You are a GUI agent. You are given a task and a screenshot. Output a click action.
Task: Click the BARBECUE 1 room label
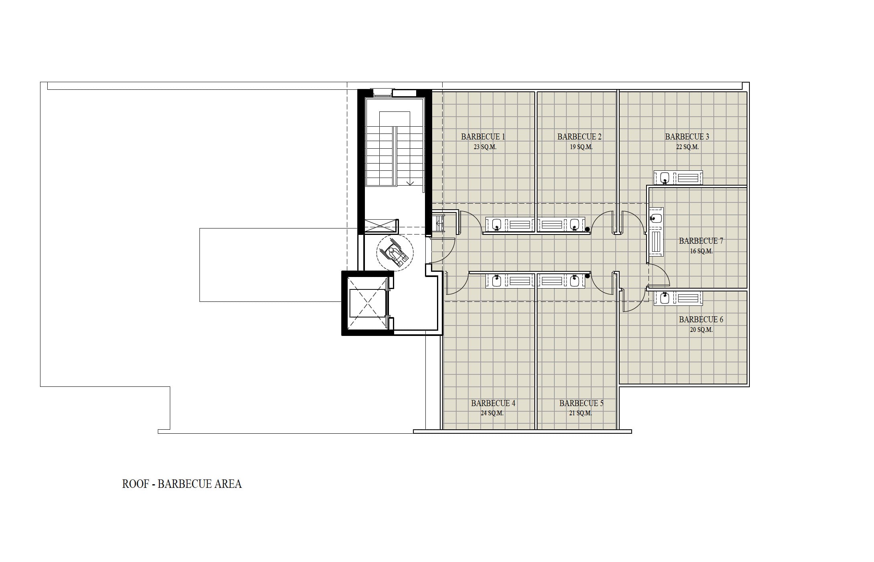pos(483,137)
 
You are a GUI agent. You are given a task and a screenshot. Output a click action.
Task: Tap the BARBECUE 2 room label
pos(579,137)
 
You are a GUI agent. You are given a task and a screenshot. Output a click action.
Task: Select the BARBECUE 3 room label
pos(687,137)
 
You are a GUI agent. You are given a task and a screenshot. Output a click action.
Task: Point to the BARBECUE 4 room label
pos(493,403)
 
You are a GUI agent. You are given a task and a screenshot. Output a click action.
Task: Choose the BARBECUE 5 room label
pos(581,403)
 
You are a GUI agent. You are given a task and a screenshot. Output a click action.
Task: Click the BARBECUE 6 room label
pos(701,319)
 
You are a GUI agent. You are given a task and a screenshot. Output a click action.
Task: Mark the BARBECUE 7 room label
pos(701,241)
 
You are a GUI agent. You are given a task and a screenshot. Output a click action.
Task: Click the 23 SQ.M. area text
pos(485,147)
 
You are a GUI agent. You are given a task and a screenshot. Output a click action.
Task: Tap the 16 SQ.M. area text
pos(701,251)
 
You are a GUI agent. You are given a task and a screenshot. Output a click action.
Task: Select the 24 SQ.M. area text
pos(492,413)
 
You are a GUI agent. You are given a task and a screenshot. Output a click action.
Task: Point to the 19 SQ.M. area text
pos(581,147)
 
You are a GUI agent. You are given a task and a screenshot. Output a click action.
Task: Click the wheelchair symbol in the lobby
pos(395,253)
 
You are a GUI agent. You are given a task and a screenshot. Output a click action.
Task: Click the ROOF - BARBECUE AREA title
pos(182,484)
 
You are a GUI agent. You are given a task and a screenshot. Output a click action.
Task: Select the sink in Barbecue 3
pos(665,178)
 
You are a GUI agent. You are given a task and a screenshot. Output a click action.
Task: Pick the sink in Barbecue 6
pos(665,298)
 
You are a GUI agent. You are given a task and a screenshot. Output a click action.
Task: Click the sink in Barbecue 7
pos(656,218)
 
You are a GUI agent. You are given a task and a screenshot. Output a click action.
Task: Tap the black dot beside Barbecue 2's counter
pos(588,230)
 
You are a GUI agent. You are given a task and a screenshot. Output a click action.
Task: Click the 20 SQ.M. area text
pos(701,330)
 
